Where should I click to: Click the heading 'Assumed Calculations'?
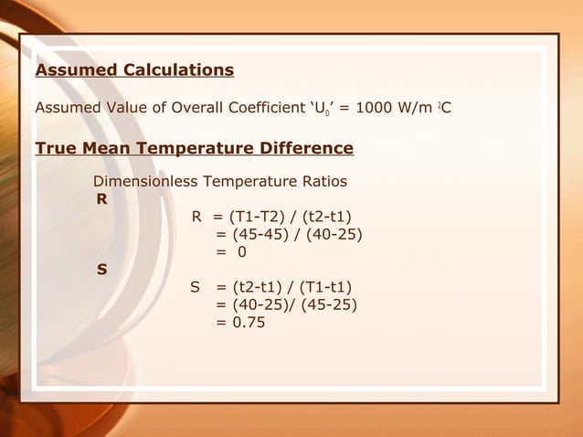pos(134,70)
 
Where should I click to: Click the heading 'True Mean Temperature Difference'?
pos(194,148)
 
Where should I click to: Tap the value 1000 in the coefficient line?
pos(376,109)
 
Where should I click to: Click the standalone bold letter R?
pos(101,198)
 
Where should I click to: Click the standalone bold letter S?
pos(101,270)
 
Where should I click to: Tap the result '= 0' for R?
pos(231,251)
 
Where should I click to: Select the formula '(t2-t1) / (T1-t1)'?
pos(291,287)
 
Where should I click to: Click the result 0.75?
pos(248,322)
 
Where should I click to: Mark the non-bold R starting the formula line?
pos(196,217)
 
